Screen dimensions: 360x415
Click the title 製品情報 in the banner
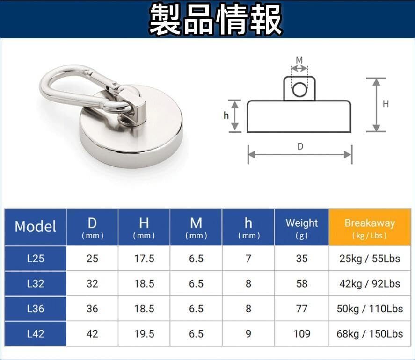point(216,20)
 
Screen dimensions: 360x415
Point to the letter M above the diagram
point(299,60)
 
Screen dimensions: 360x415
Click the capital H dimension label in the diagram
point(386,104)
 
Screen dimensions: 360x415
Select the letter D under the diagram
point(300,146)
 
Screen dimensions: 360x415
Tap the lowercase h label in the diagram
point(226,115)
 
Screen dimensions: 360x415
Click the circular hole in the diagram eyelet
point(299,89)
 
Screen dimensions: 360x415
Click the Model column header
point(35,227)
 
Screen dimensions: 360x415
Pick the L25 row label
point(36,258)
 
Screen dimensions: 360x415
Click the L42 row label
point(36,334)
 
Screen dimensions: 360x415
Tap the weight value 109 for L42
point(302,334)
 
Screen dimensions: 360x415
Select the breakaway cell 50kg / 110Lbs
point(370,309)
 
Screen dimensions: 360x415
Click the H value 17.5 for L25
point(144,258)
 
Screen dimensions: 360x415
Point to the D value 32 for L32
point(92,283)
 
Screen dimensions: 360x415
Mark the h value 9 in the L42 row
point(248,334)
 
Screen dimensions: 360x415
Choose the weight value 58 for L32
point(302,283)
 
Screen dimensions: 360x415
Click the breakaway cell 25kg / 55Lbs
point(370,258)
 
